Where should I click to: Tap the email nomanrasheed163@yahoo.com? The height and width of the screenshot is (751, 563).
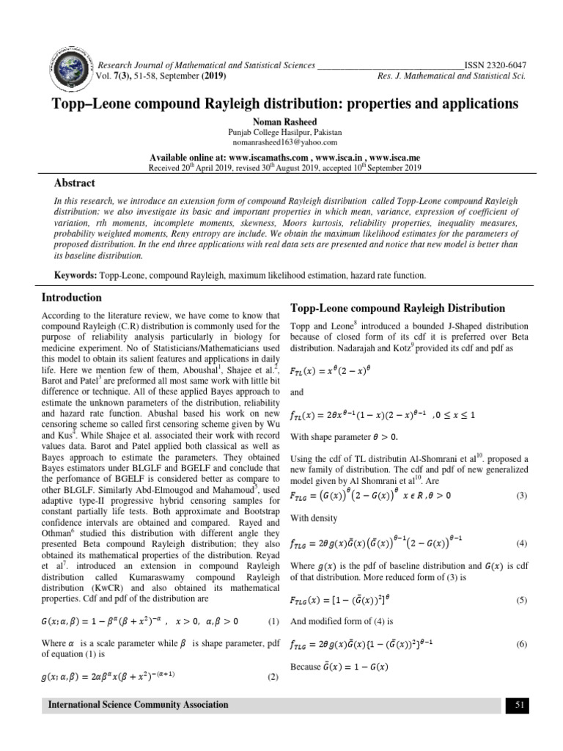click(x=281, y=142)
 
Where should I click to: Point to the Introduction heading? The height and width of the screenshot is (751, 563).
click(x=71, y=298)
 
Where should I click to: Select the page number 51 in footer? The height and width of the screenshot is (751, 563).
click(x=518, y=705)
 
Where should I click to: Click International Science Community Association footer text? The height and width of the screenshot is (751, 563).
click(x=138, y=705)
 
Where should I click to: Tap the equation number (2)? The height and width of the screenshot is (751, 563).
click(x=273, y=677)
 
